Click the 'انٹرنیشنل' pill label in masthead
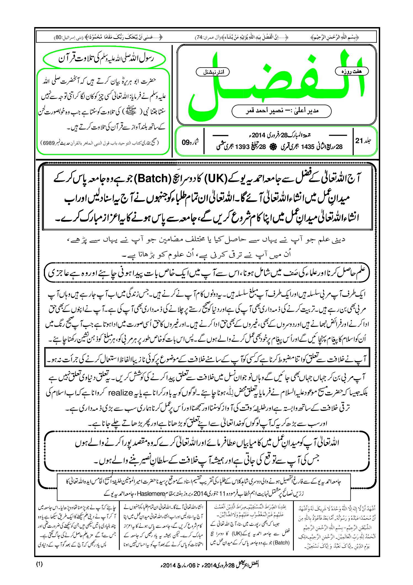(x=212, y=72)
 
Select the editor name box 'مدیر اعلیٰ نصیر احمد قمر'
(x=281, y=111)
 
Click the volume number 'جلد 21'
(x=363, y=141)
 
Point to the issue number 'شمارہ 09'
(x=190, y=142)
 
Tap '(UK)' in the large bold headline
(x=215, y=179)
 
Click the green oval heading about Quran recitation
(x=104, y=59)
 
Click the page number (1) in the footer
(x=39, y=564)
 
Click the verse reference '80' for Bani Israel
(x=59, y=37)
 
